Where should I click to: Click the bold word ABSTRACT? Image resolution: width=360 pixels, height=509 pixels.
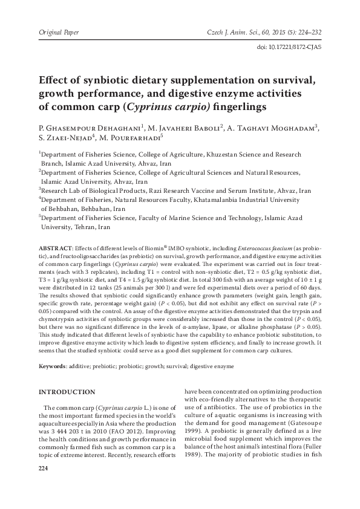(x=55, y=248)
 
